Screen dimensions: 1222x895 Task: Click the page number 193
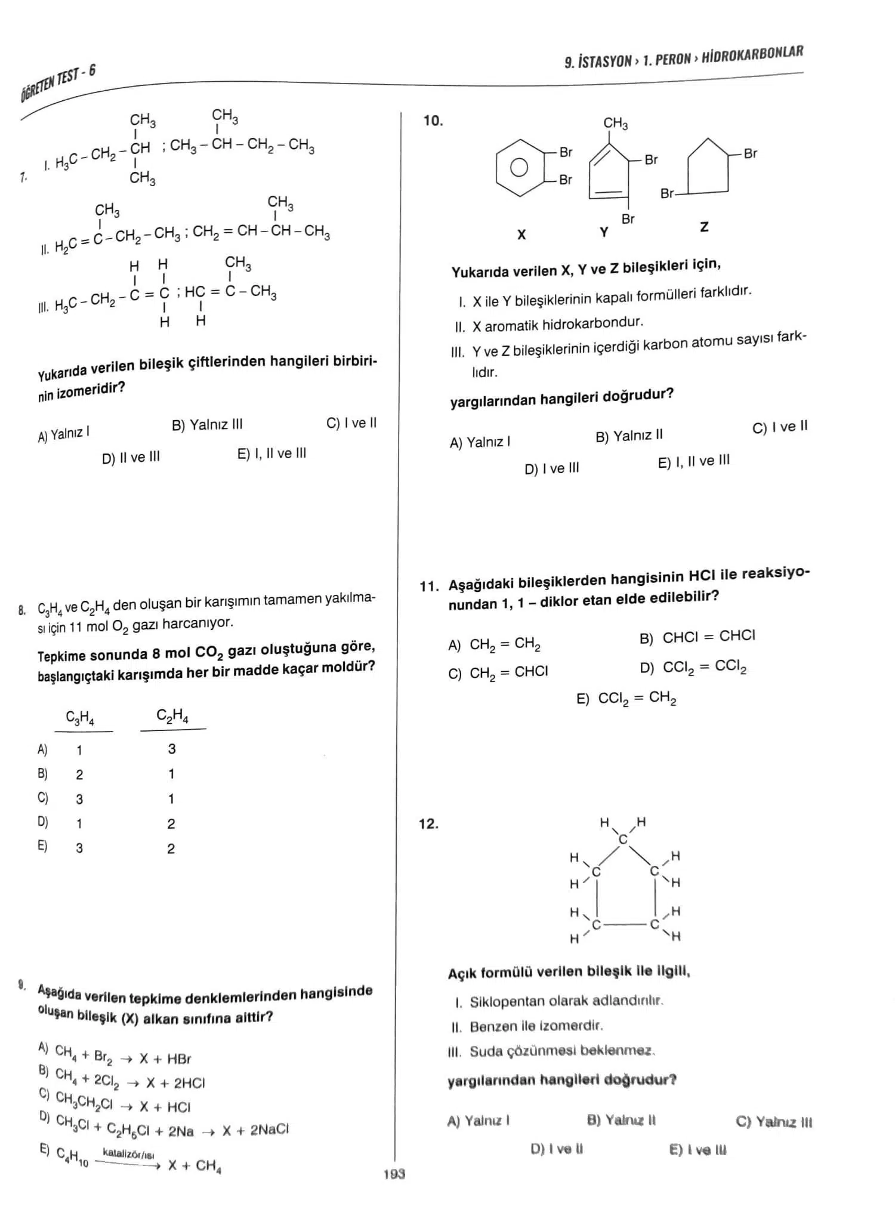(394, 1174)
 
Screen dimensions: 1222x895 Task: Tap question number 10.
(433, 121)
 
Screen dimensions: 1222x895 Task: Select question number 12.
(428, 824)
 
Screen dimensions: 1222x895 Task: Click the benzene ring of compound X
(519, 167)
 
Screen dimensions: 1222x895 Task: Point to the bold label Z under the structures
(704, 227)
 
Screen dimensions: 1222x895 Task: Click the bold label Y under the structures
(604, 232)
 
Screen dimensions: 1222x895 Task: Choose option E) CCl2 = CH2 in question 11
(626, 698)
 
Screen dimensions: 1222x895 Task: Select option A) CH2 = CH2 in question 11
(495, 644)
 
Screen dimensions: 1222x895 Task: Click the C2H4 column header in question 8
(172, 715)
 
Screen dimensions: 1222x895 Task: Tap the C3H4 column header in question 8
(80, 718)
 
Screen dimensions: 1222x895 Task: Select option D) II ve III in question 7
(131, 458)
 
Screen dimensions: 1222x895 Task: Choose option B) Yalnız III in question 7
(207, 425)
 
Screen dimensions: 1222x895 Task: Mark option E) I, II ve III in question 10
(693, 461)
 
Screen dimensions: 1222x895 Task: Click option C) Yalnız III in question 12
(774, 1122)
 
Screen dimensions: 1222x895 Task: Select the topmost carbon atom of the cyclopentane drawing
(623, 840)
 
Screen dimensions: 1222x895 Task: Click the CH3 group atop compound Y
(615, 124)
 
